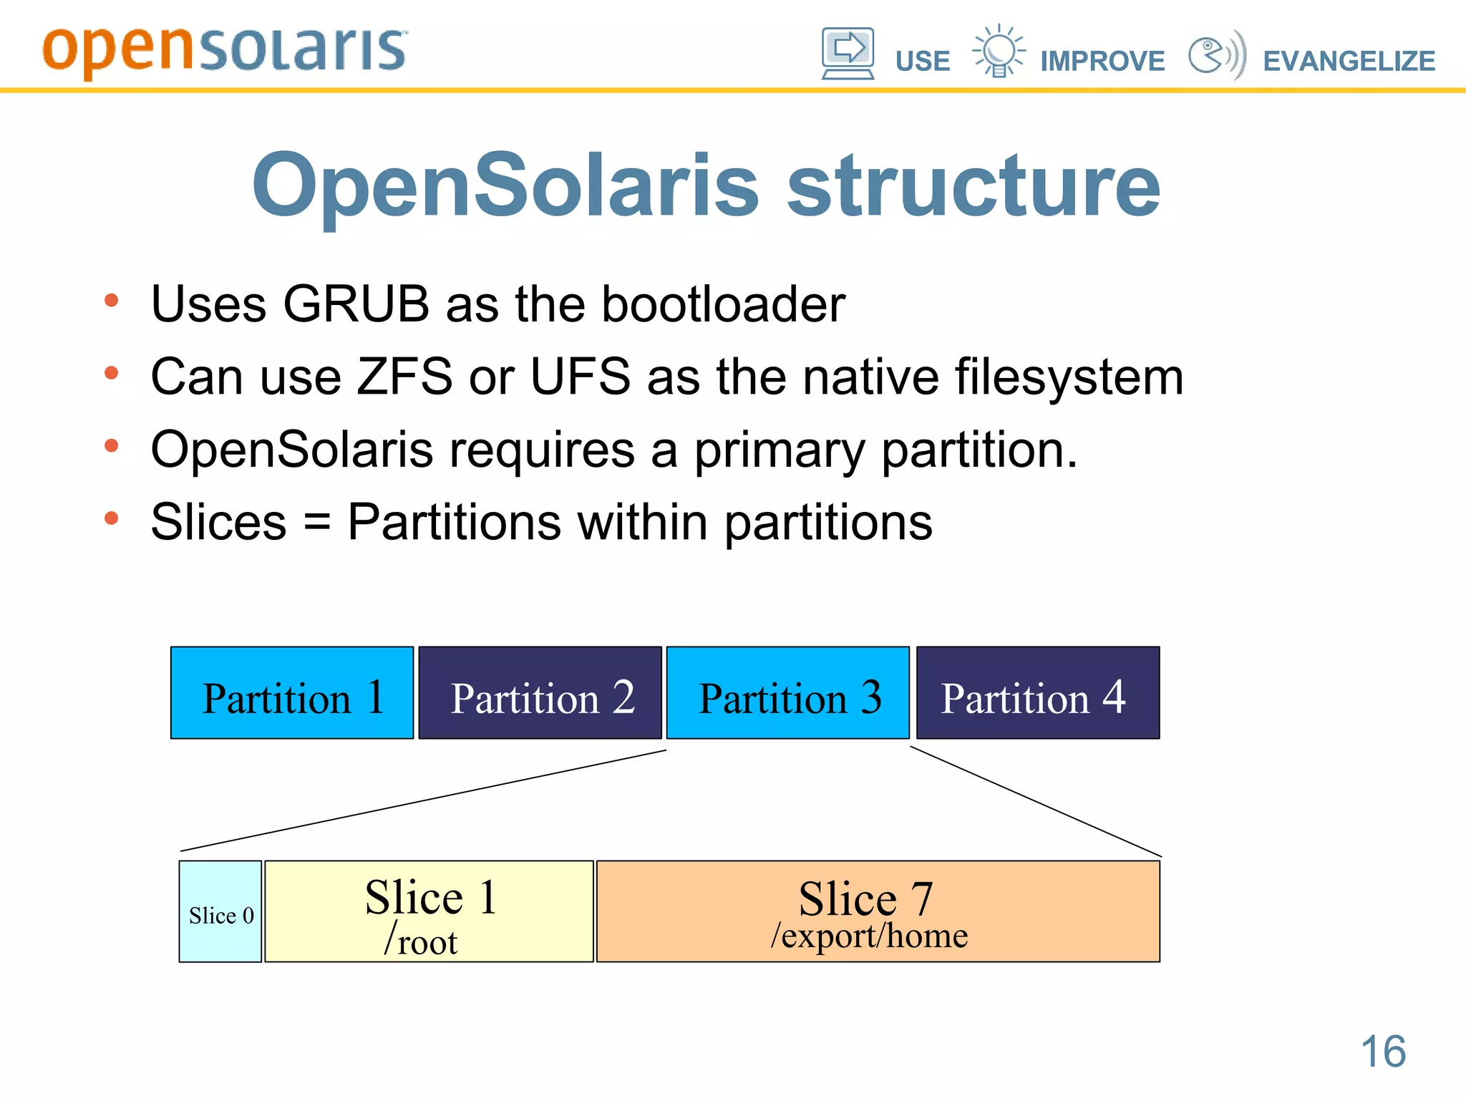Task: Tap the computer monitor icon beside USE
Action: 848,53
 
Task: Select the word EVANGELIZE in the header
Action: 1349,61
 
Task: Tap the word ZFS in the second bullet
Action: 404,377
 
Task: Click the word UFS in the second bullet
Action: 580,377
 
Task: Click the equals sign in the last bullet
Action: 317,523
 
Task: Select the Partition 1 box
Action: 292,693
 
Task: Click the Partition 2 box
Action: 540,693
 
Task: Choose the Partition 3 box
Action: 787,693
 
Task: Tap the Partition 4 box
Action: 1037,693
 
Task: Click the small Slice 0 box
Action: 220,911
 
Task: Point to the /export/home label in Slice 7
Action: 869,936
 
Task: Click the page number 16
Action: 1382,1051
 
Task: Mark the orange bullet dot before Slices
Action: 111,518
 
